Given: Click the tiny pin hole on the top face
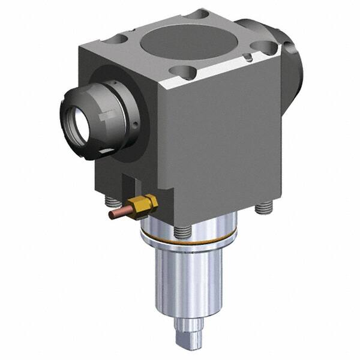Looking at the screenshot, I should [247, 58].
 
